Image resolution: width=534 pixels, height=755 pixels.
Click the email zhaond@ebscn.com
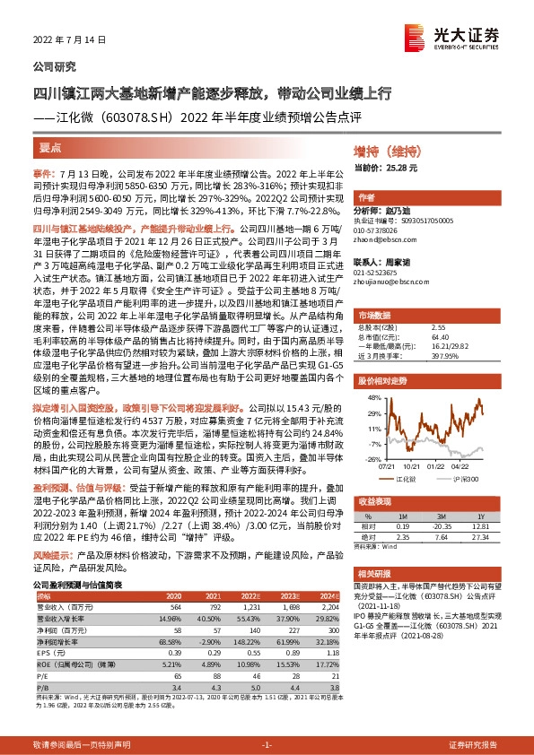pyautogui.click(x=381, y=239)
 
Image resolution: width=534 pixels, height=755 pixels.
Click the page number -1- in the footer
pyautogui.click(x=267, y=746)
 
